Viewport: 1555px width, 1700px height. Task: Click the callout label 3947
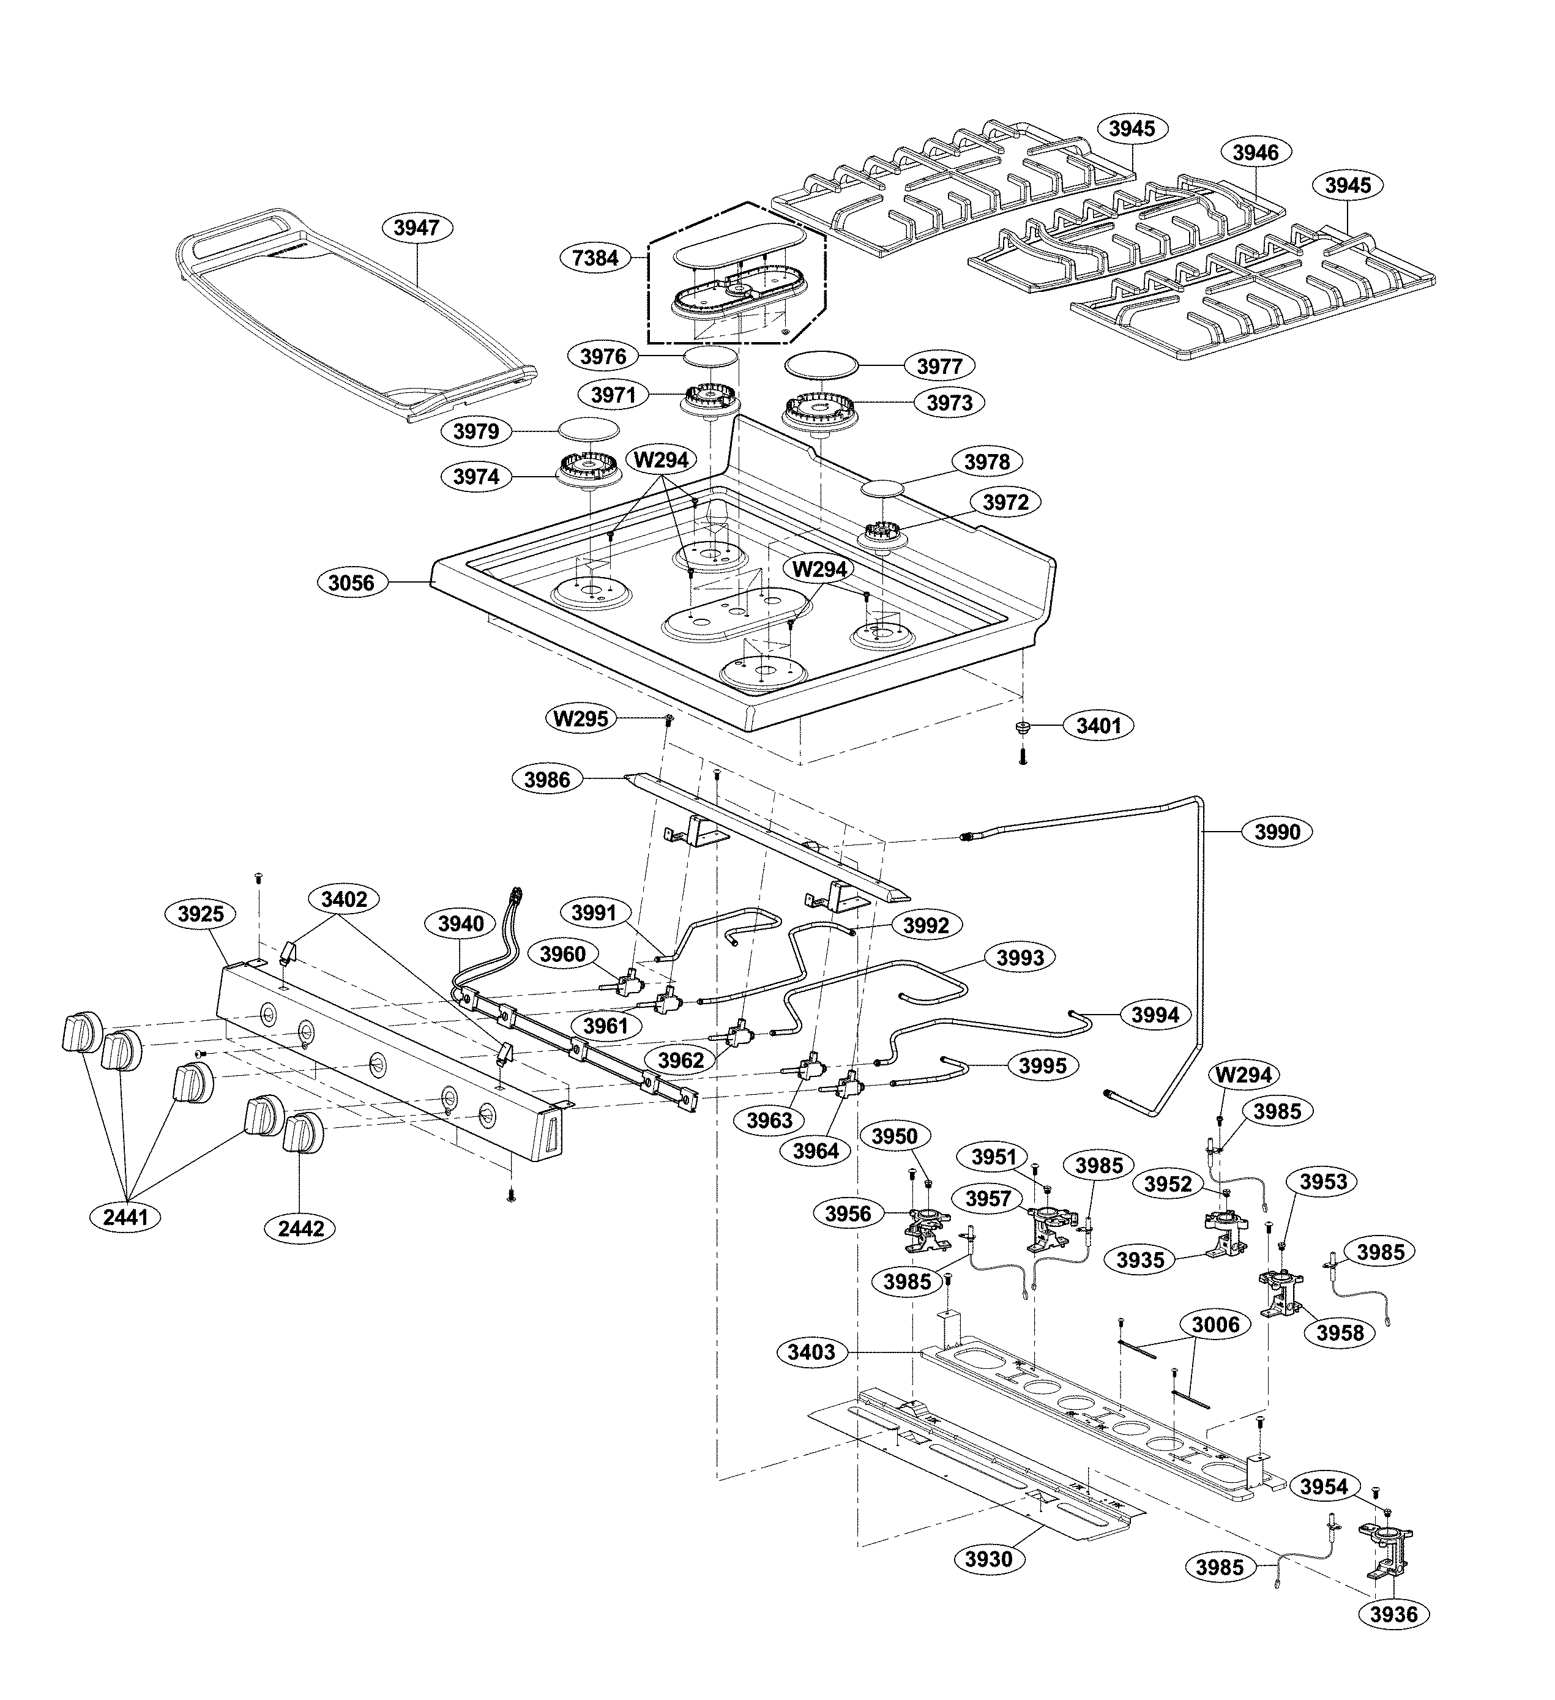click(x=417, y=228)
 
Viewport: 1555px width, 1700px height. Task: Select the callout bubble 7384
click(x=595, y=258)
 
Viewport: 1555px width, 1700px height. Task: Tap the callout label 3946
click(x=1256, y=152)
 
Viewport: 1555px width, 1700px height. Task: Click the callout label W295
click(x=581, y=719)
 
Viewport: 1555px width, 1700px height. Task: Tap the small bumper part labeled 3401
click(x=1023, y=727)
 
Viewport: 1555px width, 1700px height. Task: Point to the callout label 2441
click(x=125, y=1217)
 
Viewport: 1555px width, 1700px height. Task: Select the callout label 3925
click(x=201, y=914)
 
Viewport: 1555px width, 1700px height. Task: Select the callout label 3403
click(x=811, y=1352)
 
